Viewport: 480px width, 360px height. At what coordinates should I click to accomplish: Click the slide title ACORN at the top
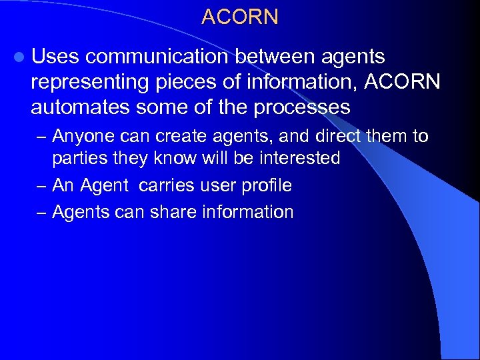pyautogui.click(x=239, y=17)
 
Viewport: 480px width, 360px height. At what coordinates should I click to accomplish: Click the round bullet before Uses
pyautogui.click(x=21, y=59)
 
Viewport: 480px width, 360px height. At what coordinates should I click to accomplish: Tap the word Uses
pyautogui.click(x=55, y=57)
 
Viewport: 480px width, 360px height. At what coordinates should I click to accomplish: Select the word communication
pyautogui.click(x=157, y=57)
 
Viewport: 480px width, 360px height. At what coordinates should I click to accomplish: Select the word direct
pyautogui.click(x=333, y=137)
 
